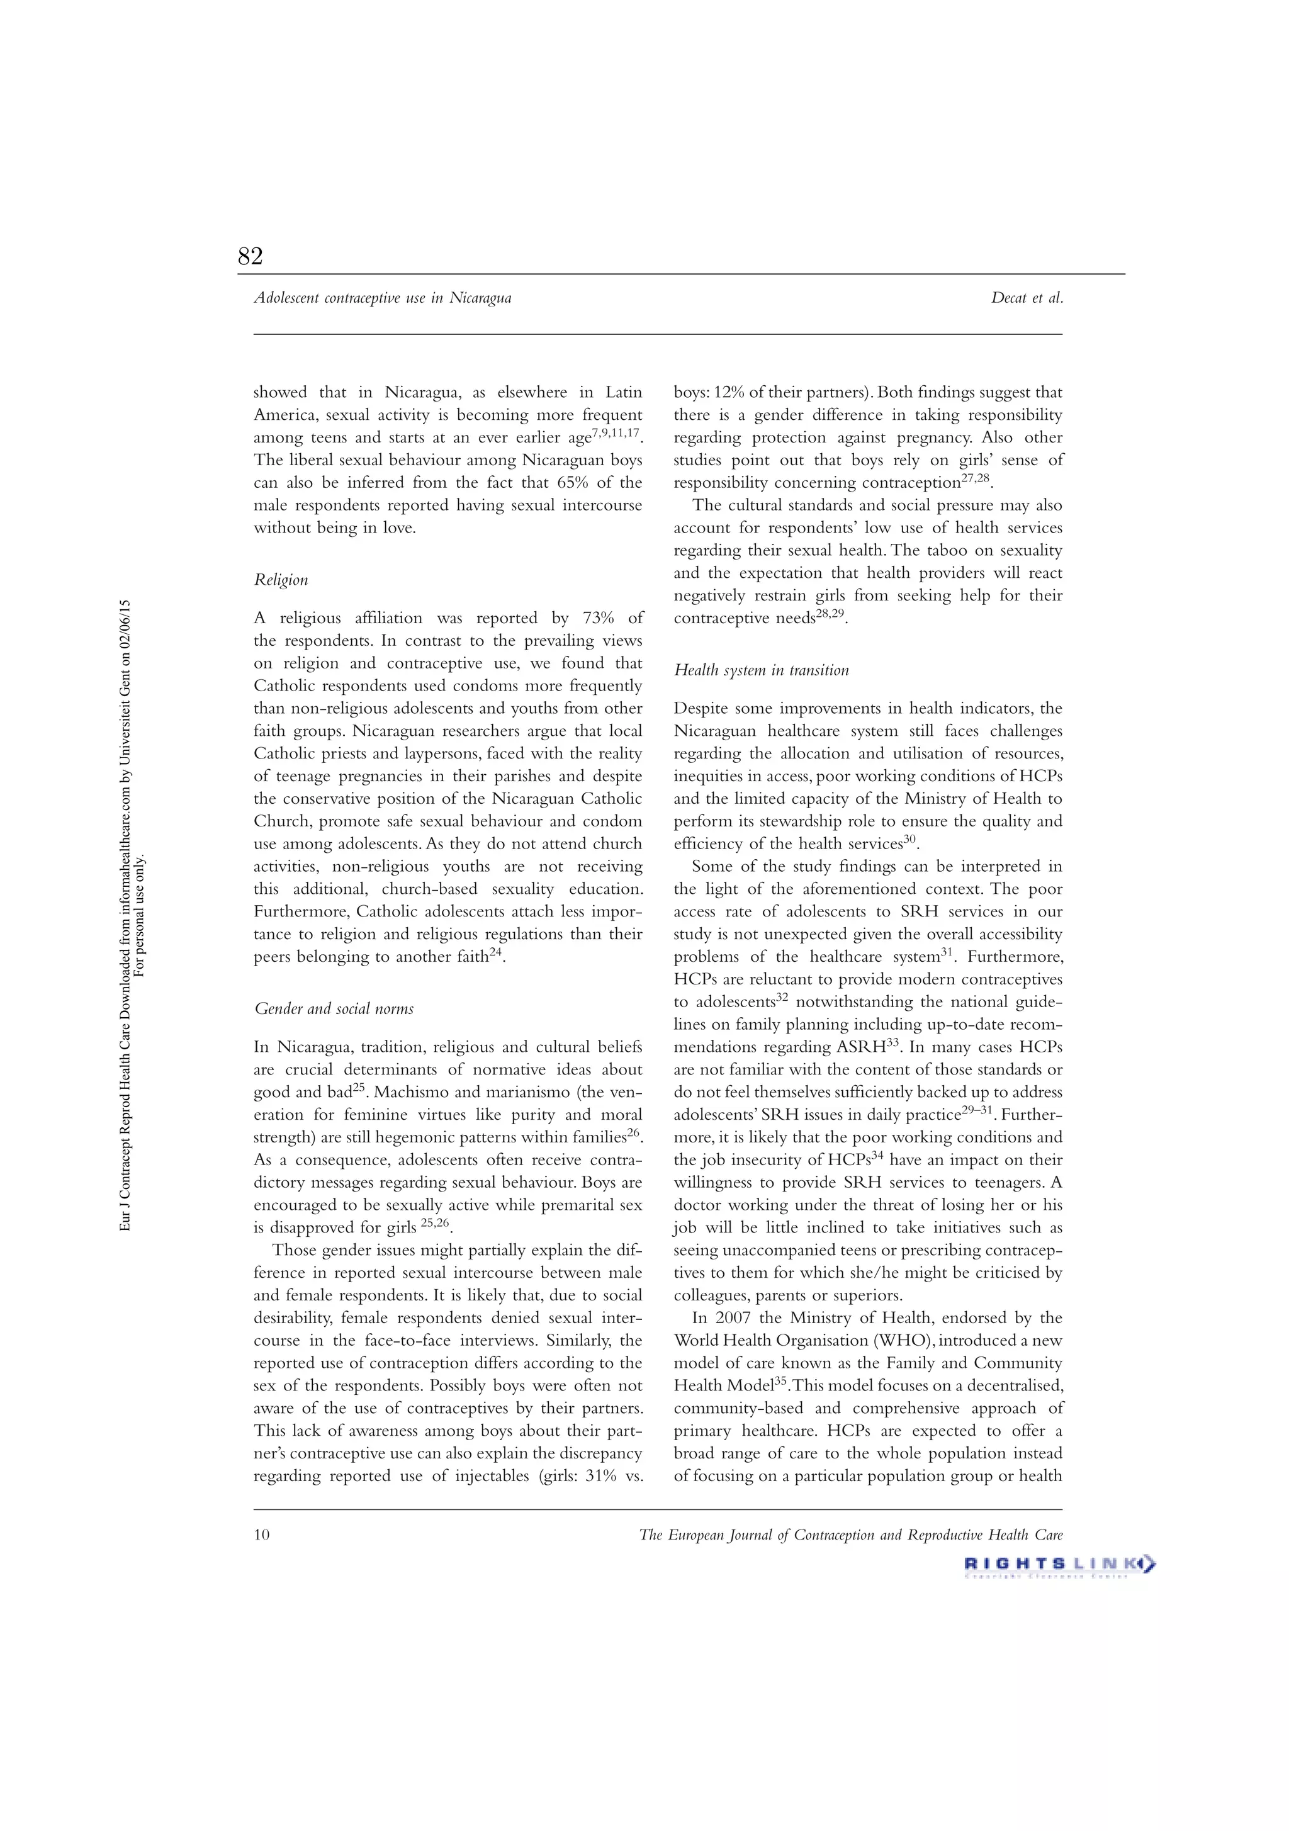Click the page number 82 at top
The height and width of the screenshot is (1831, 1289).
tap(250, 256)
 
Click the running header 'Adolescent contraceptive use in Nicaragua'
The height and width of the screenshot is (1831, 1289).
tap(382, 298)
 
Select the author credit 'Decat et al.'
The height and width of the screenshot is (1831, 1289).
tap(1027, 298)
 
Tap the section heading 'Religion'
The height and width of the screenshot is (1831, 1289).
tap(281, 580)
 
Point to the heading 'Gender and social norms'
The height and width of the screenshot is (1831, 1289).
tap(334, 1009)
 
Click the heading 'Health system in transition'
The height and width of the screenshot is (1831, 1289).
tap(761, 670)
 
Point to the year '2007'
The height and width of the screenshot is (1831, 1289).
tap(732, 1318)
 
